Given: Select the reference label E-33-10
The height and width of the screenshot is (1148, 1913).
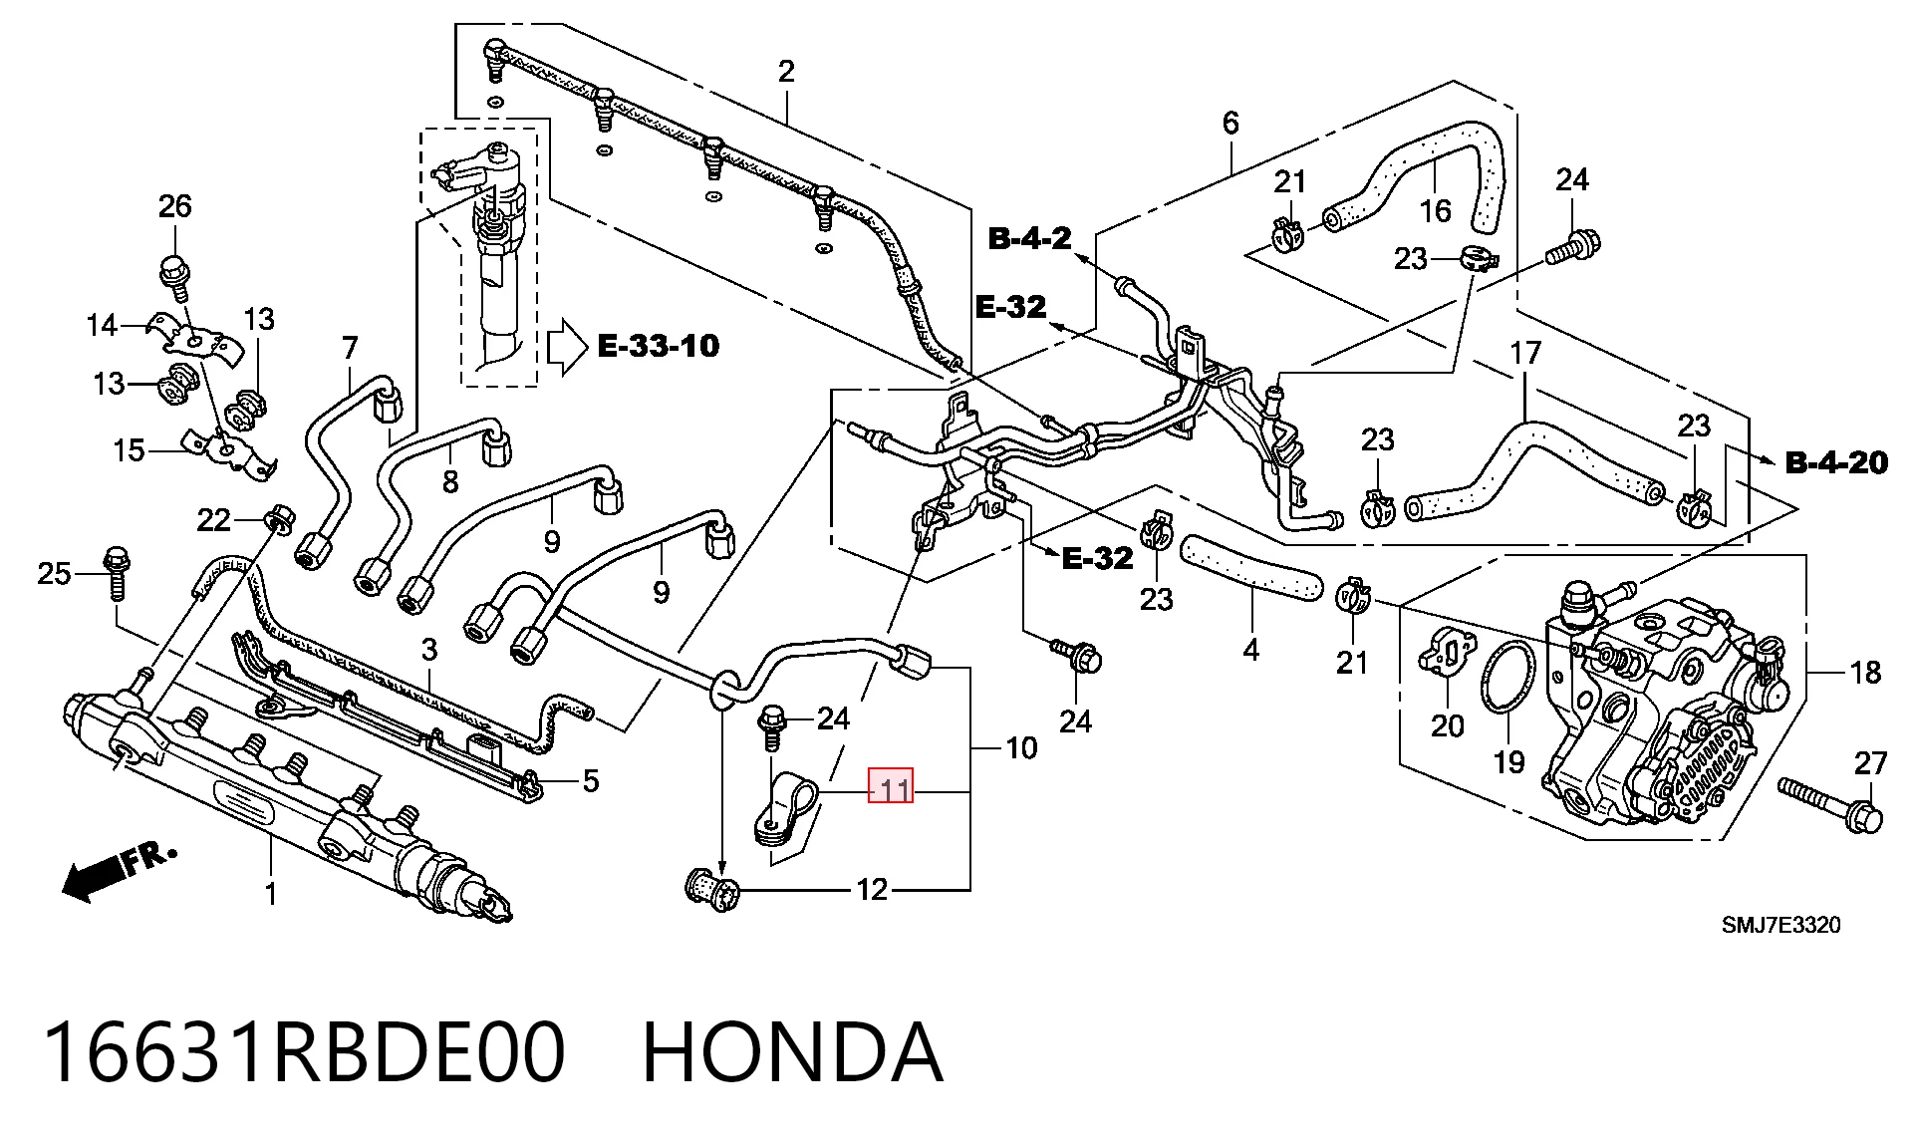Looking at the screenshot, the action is (x=658, y=346).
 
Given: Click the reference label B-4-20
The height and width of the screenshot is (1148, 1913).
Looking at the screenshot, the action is (x=1836, y=462).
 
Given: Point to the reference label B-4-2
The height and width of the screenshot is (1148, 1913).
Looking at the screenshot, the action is (x=1029, y=238).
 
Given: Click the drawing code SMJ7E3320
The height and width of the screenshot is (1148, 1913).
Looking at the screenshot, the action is (x=1780, y=925).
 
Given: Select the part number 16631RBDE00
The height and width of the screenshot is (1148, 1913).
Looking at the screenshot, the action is (x=304, y=1052).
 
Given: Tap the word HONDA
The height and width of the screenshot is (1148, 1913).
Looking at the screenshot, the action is (x=792, y=1052).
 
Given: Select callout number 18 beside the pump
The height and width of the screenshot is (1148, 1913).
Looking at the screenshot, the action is (x=1865, y=674).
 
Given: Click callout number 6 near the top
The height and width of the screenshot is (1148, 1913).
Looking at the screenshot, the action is (x=1230, y=124).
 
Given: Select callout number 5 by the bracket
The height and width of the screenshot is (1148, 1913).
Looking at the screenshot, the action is (x=591, y=780).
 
